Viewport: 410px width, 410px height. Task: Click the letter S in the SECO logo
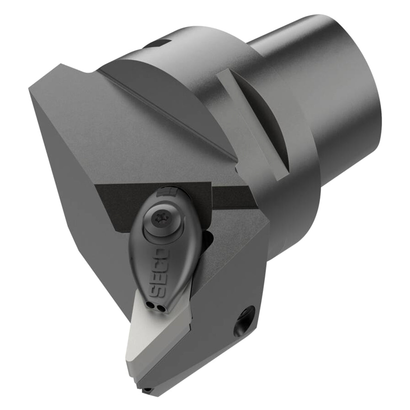point(155,293)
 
